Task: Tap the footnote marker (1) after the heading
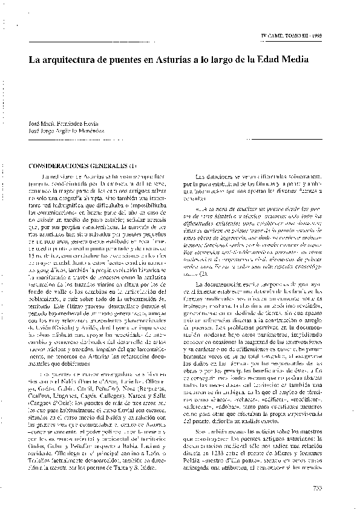point(134,165)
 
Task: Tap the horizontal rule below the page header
point(97,42)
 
